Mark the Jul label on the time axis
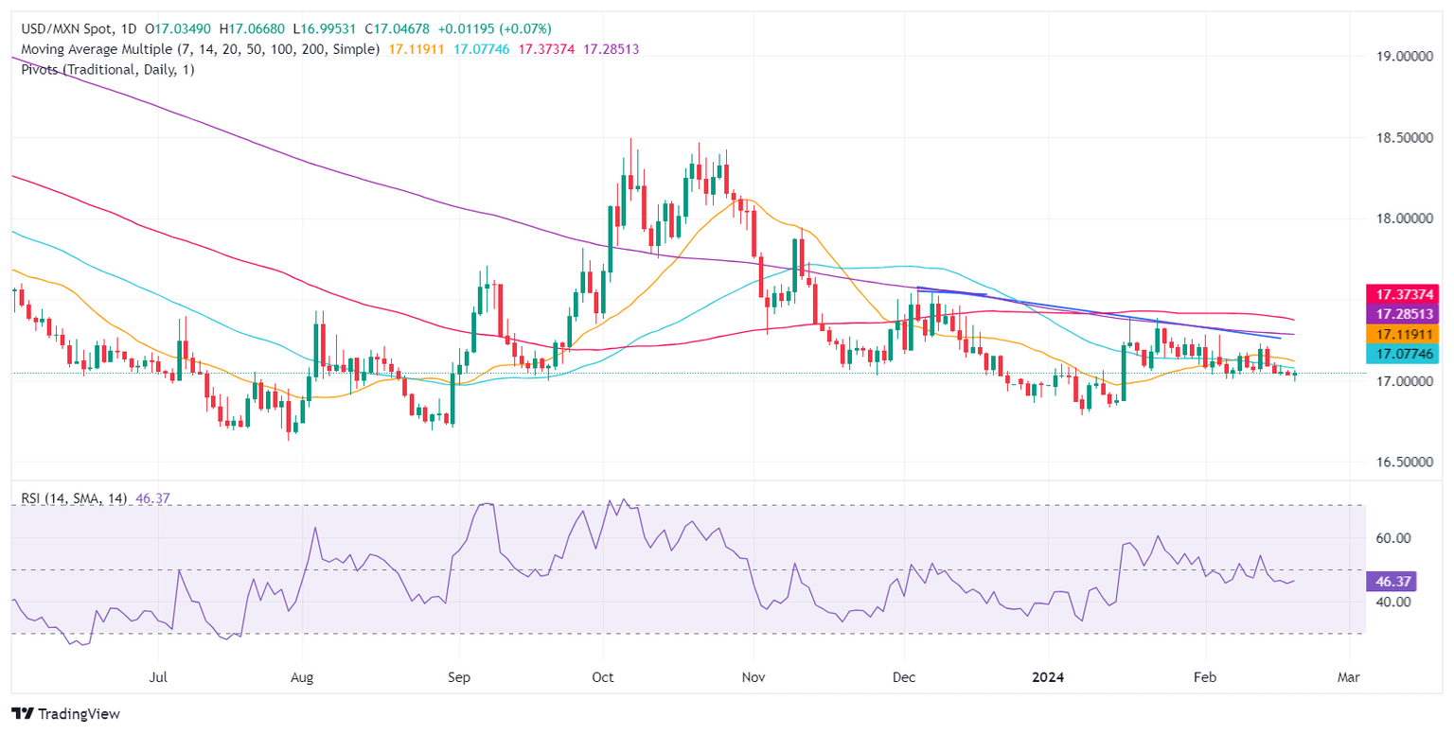(158, 678)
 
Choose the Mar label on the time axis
(1349, 678)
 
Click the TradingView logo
(65, 714)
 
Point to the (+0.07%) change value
(518, 29)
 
